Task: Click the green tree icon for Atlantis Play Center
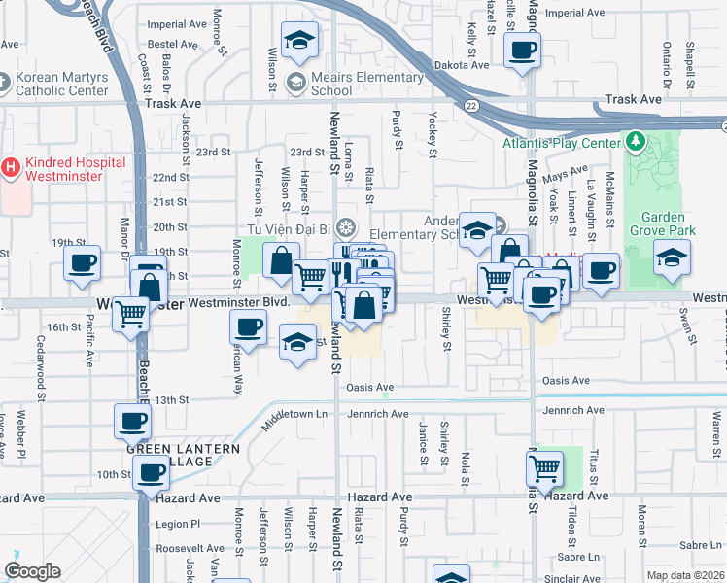pyautogui.click(x=636, y=143)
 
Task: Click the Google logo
pyautogui.click(x=32, y=571)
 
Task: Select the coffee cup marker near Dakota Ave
pyautogui.click(x=522, y=50)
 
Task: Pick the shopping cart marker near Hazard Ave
pyautogui.click(x=545, y=468)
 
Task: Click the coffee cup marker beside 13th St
pyautogui.click(x=133, y=422)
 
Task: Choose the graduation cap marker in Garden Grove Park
pyautogui.click(x=672, y=258)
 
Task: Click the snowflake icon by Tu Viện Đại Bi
pyautogui.click(x=345, y=228)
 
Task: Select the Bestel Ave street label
pyautogui.click(x=173, y=45)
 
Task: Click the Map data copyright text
pyautogui.click(x=684, y=575)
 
